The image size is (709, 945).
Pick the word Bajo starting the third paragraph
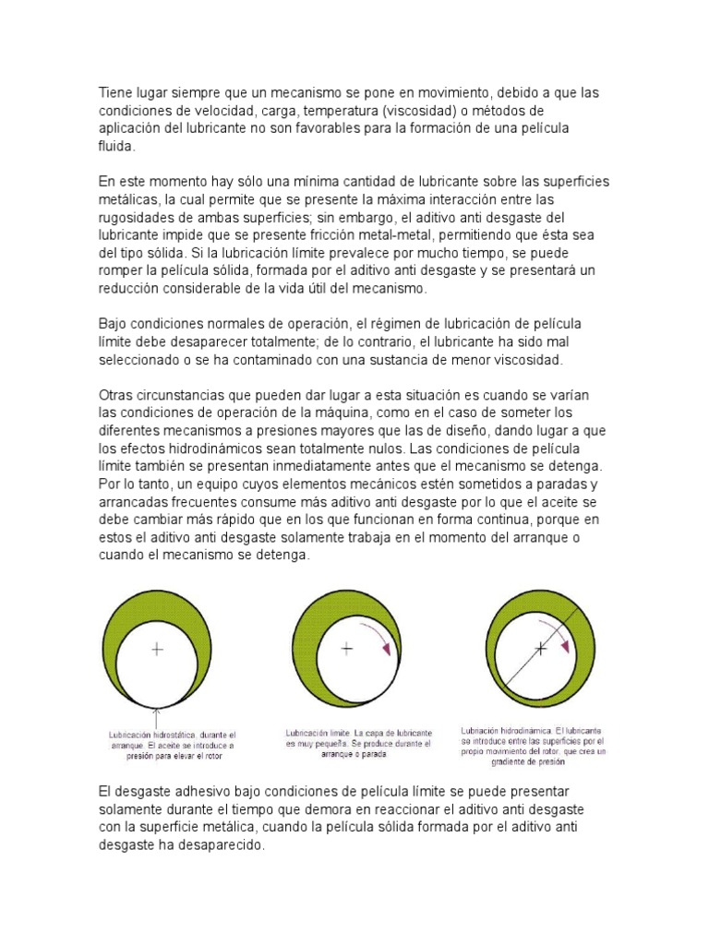click(114, 324)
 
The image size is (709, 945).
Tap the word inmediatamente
click(354, 466)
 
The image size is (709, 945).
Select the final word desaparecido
click(222, 845)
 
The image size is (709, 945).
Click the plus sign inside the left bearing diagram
click(157, 650)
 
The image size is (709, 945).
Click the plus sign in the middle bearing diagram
click(347, 649)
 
